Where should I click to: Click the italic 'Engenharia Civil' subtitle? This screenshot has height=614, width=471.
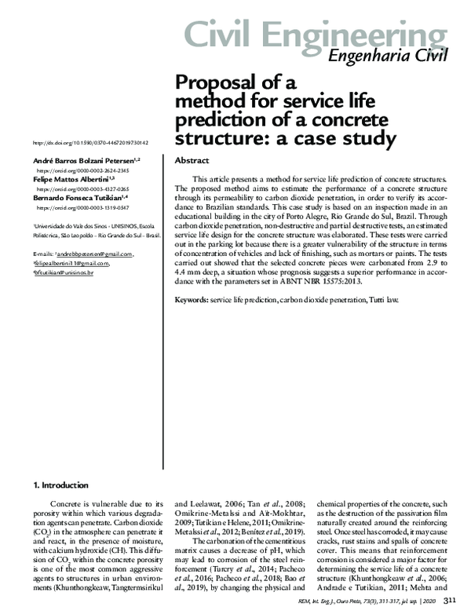click(387, 56)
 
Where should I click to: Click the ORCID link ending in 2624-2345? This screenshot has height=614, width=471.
click(84, 170)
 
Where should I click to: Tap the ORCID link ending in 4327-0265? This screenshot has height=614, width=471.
click(84, 189)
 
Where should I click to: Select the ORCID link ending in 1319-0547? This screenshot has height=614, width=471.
click(84, 208)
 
